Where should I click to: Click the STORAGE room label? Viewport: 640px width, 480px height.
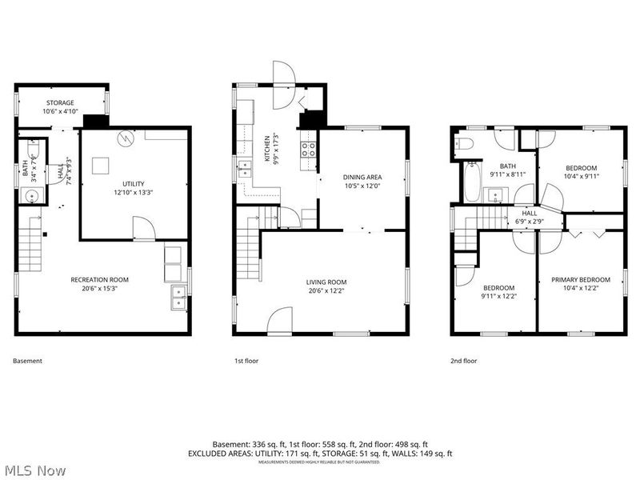[60, 103]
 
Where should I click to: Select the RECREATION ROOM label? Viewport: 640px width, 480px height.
[100, 280]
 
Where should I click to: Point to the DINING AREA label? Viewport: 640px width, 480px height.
[362, 178]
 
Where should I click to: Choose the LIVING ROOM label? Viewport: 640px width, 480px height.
[326, 282]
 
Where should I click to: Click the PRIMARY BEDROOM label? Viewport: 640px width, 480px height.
[581, 280]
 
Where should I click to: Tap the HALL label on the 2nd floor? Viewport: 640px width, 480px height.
[530, 214]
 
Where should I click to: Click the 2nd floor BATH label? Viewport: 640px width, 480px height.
[508, 166]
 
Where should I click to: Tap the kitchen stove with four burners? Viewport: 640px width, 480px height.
[308, 149]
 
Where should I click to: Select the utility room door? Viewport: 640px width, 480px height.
[144, 230]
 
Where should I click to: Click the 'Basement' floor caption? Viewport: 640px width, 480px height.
[27, 361]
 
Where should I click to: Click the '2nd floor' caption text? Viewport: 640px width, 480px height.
[464, 361]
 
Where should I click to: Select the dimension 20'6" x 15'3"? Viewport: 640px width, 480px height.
[100, 289]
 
